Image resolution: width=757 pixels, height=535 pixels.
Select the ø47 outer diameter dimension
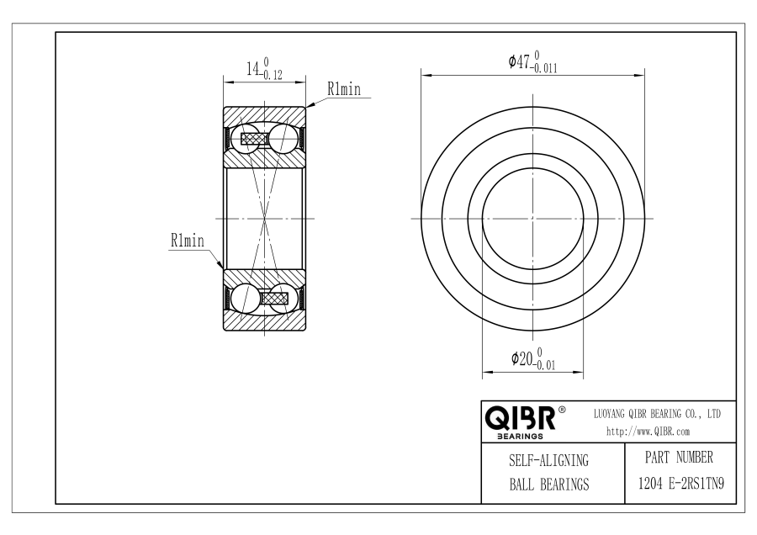pos(533,62)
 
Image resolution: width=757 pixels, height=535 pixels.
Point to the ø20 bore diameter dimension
pos(533,358)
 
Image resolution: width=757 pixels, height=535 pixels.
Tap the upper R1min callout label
pos(344,89)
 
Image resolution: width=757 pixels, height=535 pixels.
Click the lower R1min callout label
pos(188,240)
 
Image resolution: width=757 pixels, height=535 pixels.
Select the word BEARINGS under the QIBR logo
pos(520,437)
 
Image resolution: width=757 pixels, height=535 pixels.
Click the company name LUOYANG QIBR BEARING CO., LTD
pos(657,414)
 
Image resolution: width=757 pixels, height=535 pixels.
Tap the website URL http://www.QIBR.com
pos(648,432)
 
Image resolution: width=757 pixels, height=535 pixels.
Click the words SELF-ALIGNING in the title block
pos(549,460)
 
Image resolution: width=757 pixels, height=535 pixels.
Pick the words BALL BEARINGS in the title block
pos(549,484)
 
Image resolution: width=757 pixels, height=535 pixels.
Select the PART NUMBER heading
pos(679,457)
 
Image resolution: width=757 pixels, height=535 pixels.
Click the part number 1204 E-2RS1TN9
pos(681,483)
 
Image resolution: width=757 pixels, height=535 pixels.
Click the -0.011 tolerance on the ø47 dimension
pos(543,69)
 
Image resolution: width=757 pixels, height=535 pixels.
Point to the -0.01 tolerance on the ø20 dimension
pos(544,365)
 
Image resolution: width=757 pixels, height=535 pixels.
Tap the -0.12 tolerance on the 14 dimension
pos(271,75)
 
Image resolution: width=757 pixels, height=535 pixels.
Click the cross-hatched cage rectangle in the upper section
pos(254,139)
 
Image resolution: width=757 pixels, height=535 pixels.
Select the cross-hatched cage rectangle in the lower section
pos(275,298)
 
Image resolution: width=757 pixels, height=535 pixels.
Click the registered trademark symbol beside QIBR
pos(562,410)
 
